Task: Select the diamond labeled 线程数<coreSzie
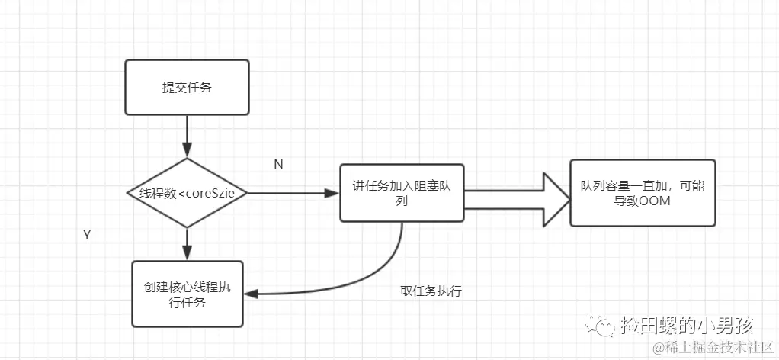pyautogui.click(x=187, y=193)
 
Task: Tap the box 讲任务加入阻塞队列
pyautogui.click(x=402, y=194)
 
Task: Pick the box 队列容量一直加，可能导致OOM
pyautogui.click(x=643, y=193)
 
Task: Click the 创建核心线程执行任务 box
pyautogui.click(x=187, y=294)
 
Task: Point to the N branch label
pyautogui.click(x=278, y=164)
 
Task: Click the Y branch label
pyautogui.click(x=87, y=236)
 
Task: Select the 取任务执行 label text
pyautogui.click(x=431, y=291)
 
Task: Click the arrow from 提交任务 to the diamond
pyautogui.click(x=187, y=138)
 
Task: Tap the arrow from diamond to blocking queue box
pyautogui.click(x=293, y=194)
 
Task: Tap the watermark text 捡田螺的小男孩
pyautogui.click(x=687, y=326)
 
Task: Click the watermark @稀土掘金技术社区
pyautogui.click(x=712, y=348)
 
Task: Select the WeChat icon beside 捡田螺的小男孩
pyautogui.click(x=605, y=326)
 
